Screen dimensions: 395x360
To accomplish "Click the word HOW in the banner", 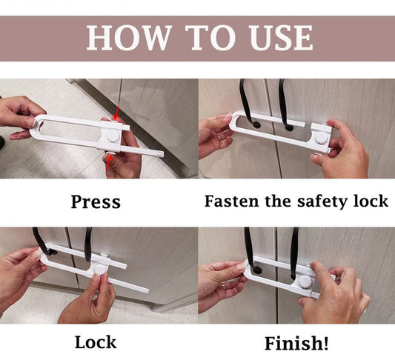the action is tap(128, 38).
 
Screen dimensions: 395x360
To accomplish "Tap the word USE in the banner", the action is tap(282, 38).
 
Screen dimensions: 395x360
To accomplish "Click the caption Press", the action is tap(96, 202).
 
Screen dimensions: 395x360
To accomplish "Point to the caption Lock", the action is tap(96, 342).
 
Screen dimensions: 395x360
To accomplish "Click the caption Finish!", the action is tap(296, 343).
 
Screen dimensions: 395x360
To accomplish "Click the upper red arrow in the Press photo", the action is tap(116, 113).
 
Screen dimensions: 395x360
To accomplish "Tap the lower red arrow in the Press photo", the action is tap(108, 162).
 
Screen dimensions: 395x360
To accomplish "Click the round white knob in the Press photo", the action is tap(113, 136).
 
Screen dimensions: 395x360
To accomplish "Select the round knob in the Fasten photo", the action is tap(321, 138).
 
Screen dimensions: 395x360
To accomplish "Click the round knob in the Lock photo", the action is tap(99, 270).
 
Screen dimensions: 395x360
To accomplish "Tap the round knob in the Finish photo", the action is tap(306, 282).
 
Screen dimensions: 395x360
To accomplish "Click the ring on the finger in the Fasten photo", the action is tap(220, 137).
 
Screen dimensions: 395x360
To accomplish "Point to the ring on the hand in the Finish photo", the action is tap(223, 284).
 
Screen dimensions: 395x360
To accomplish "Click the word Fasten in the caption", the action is tap(232, 201).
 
